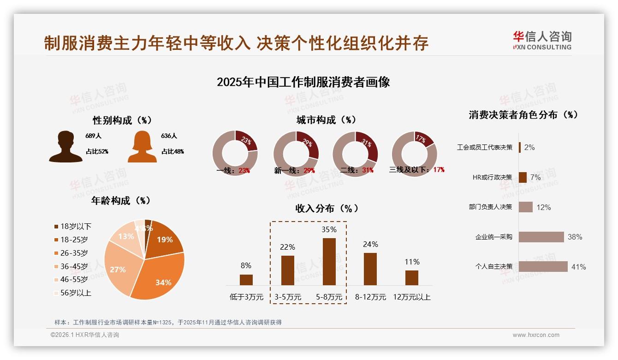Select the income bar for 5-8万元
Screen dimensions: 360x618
coord(329,262)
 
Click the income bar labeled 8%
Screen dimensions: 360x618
coord(246,280)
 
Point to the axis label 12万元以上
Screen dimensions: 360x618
coord(411,297)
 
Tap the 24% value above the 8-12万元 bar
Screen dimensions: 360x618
coord(370,244)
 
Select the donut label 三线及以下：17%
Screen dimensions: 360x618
coord(416,169)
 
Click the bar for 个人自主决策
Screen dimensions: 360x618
coord(543,266)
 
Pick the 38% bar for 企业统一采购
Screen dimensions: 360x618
coord(541,237)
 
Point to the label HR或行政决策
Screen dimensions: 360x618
coord(492,177)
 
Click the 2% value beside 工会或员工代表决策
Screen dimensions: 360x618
coord(529,147)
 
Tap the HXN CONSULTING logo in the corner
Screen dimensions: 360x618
coord(542,41)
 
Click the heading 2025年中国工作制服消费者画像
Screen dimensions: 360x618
coord(303,82)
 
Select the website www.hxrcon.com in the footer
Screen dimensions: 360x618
coord(536,335)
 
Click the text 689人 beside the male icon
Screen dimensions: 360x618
coord(93,136)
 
